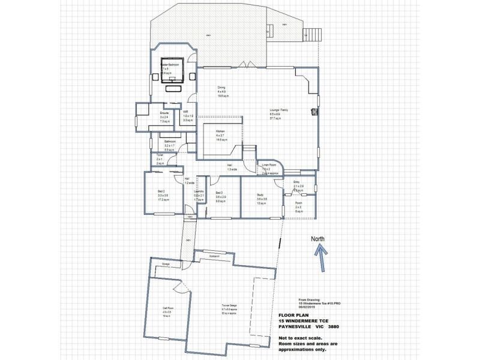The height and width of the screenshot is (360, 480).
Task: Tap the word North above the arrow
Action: [x=317, y=239]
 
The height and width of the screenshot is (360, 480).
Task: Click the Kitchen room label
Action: [x=220, y=130]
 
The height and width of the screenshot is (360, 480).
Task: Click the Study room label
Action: [x=260, y=195]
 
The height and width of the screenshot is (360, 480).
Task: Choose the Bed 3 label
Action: [x=220, y=193]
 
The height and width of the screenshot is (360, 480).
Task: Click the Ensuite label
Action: [x=164, y=113]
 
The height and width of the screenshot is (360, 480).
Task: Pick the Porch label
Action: [x=298, y=203]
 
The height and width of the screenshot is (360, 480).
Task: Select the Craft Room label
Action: [x=167, y=308]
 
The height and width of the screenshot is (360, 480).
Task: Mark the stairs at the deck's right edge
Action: [x=312, y=34]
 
